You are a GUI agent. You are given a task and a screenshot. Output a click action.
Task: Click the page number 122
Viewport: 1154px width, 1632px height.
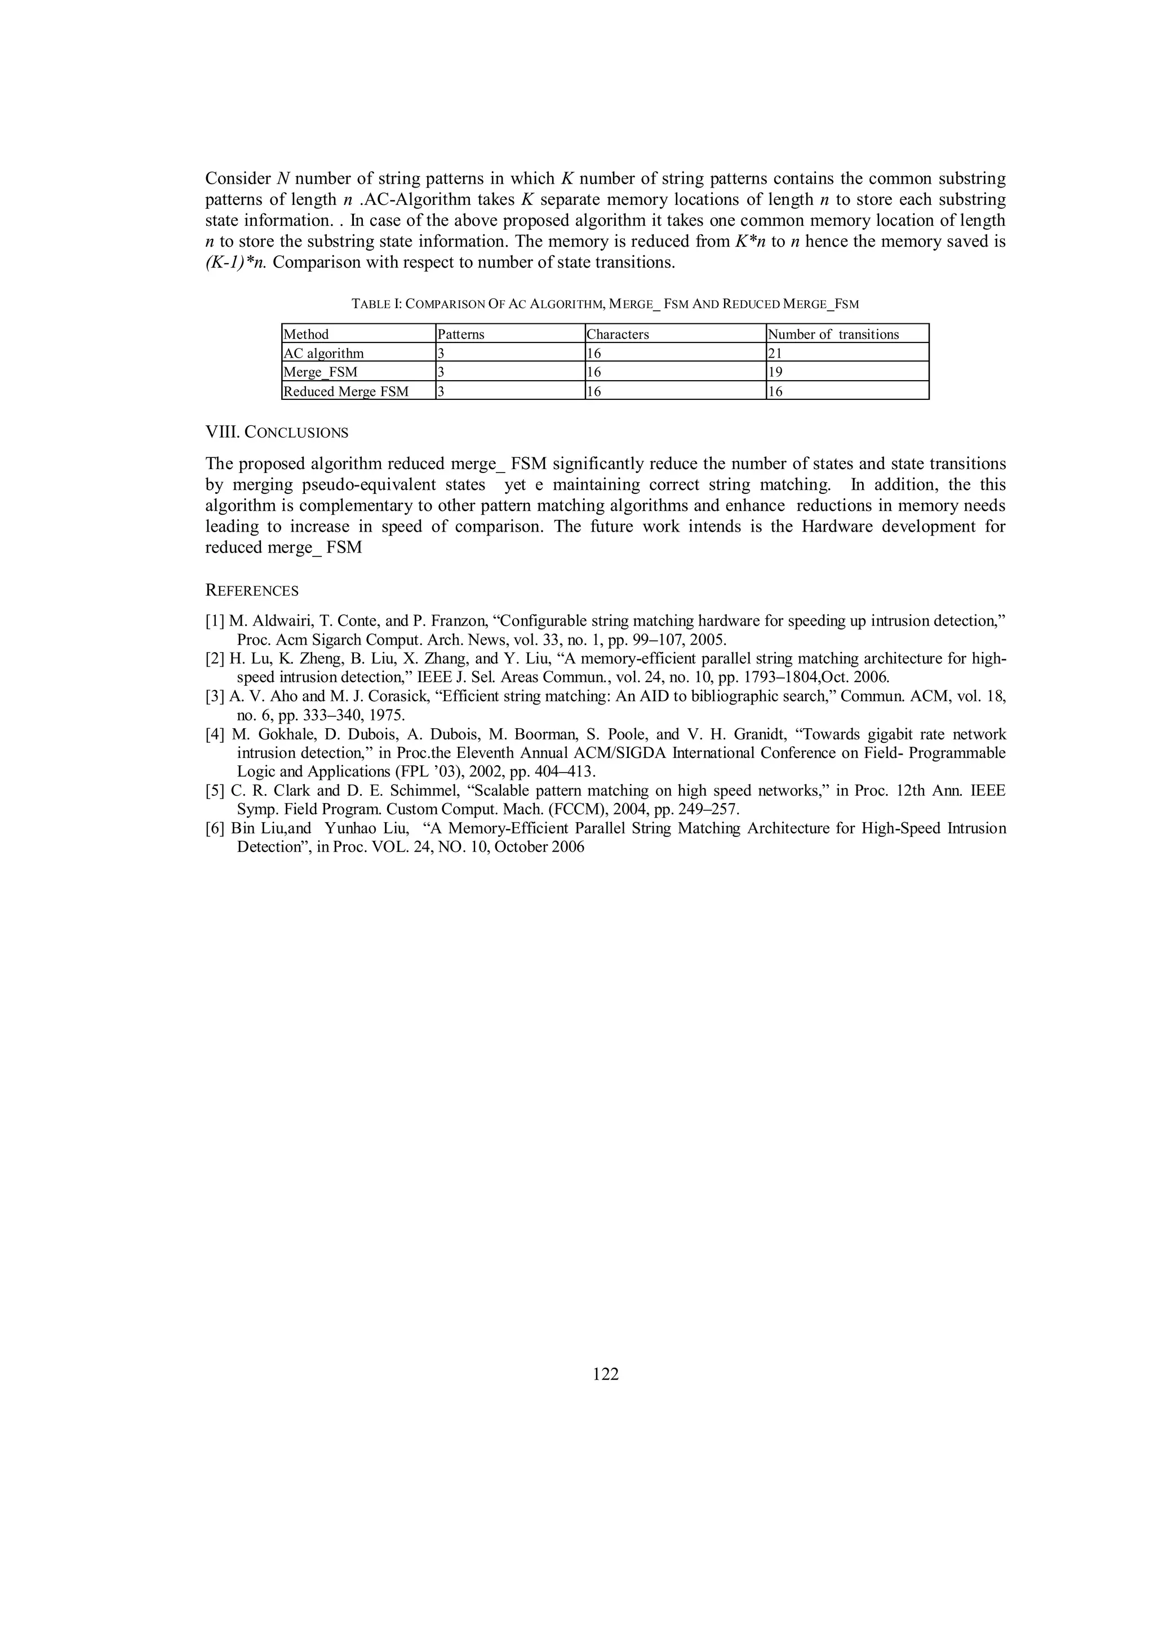[x=605, y=1374]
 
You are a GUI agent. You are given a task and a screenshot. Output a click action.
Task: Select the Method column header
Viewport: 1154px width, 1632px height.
[x=307, y=334]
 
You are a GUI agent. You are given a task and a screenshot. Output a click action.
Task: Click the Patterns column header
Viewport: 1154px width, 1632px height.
[x=461, y=334]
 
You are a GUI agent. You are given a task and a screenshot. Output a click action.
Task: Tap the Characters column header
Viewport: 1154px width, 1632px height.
[x=618, y=334]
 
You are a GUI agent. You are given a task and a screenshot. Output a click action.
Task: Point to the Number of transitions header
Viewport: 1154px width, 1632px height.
[x=833, y=334]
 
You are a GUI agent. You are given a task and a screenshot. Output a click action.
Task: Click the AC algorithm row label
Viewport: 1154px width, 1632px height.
[x=323, y=353]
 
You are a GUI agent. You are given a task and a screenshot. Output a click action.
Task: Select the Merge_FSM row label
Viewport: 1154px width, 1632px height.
[x=321, y=372]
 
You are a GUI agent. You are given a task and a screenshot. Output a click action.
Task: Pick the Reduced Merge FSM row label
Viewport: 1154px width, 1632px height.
[x=347, y=391]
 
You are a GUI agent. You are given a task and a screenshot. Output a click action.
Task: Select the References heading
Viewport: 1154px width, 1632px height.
[x=252, y=591]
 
